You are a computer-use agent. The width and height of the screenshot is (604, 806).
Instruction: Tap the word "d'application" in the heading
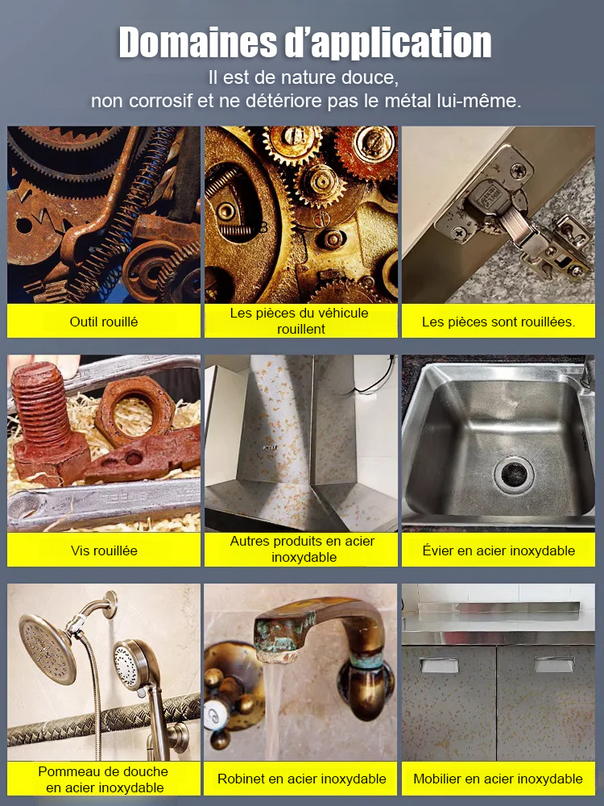(388, 44)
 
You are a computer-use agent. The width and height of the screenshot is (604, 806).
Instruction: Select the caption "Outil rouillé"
(104, 322)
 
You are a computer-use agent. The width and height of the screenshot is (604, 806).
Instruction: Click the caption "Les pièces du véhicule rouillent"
(300, 321)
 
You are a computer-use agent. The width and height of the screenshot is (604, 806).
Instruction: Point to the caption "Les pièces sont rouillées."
(499, 322)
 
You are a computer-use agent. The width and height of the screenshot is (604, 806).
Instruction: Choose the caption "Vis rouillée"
(104, 550)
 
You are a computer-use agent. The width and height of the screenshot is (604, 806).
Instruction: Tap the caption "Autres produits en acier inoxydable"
(303, 549)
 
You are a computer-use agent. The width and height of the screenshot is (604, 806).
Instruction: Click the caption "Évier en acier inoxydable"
(499, 550)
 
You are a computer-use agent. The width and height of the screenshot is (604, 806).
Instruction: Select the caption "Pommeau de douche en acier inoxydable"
(104, 779)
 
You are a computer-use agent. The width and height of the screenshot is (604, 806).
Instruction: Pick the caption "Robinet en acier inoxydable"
(301, 779)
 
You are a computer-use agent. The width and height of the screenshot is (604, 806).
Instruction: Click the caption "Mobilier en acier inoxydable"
(498, 779)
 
